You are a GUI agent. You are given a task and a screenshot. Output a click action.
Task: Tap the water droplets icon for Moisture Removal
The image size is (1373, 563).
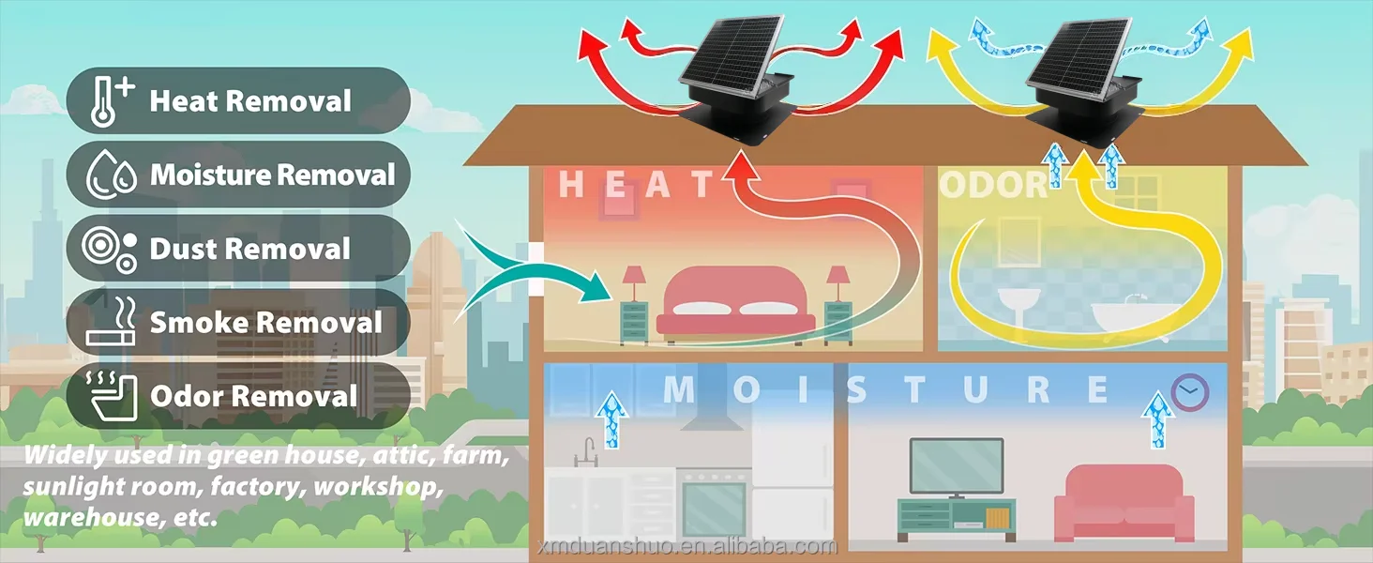111,175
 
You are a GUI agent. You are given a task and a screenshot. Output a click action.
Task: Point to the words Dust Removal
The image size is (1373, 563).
249,249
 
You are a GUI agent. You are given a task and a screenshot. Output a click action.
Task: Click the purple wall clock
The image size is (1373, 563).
1190,392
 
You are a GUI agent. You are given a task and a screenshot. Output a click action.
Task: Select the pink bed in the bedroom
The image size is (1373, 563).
735,304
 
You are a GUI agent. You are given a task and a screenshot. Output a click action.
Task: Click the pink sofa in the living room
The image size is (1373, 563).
1124,503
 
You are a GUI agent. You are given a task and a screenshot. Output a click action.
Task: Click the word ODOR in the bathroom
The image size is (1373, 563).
993,185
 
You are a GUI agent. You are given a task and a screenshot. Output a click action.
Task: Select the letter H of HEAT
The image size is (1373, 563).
571,184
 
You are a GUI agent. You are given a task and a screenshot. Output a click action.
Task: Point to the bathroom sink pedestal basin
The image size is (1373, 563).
1018,310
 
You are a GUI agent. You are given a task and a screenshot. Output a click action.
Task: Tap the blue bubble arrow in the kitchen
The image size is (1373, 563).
611,420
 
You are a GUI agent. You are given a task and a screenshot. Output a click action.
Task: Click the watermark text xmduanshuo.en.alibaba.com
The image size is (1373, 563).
687,546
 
